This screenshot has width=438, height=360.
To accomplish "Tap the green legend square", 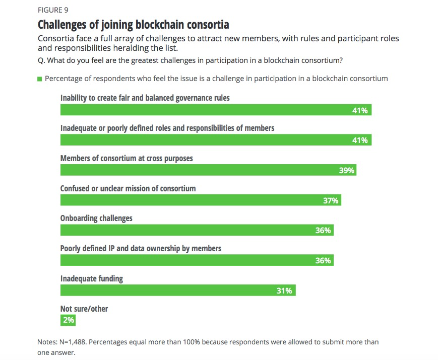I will tap(39, 79).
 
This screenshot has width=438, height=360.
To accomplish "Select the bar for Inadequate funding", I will tap(177, 291).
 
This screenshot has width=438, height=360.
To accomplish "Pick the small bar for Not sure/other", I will tap(68, 320).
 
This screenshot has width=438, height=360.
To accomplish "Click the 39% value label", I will tap(347, 171).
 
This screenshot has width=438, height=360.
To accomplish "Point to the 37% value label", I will tap(331, 201).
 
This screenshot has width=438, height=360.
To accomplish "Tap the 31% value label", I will tap(284, 291).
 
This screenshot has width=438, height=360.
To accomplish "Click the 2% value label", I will tap(69, 320).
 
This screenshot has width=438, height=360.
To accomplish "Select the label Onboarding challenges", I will tap(96, 219).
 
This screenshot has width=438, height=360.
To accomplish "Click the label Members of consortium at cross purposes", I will tap(127, 158).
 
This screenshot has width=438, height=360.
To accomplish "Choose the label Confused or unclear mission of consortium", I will tap(128, 188).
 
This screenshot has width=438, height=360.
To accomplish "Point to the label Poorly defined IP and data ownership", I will tap(141, 248).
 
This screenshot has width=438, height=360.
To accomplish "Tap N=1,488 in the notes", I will tap(73, 342).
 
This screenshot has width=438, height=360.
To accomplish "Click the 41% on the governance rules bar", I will tap(360, 110).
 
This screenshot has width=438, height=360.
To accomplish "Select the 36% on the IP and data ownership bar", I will tap(323, 260).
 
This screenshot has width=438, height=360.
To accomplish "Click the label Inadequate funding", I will tap(91, 278).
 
